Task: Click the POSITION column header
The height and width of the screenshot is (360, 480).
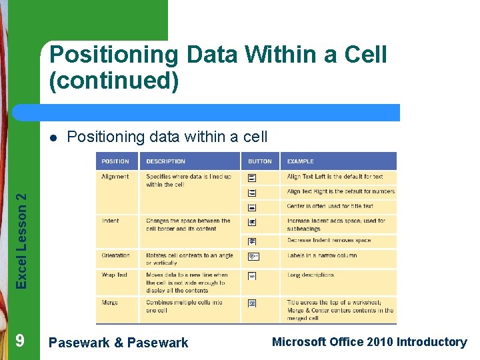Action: [x=115, y=161]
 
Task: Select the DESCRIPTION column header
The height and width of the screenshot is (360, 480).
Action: [x=165, y=161]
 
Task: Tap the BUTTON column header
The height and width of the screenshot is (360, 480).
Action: [x=259, y=161]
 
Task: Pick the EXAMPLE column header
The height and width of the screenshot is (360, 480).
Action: [x=300, y=161]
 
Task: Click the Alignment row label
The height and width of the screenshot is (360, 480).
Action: [x=115, y=177]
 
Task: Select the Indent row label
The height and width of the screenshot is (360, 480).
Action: [x=111, y=221]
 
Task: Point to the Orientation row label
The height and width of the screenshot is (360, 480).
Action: [x=116, y=255]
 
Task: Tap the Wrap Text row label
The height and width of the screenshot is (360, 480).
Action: [x=115, y=275]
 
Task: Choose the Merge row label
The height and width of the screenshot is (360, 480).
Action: [x=110, y=303]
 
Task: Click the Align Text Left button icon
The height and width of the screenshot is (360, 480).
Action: [x=252, y=178]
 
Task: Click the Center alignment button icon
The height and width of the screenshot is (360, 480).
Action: [x=252, y=208]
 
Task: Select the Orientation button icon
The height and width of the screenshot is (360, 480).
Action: [x=253, y=257]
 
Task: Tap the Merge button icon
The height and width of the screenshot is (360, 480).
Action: [x=252, y=303]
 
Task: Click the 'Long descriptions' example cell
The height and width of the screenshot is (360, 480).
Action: [x=311, y=275]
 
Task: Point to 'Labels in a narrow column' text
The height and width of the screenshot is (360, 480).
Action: [x=322, y=255]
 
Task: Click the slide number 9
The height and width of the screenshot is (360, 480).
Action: [x=20, y=341]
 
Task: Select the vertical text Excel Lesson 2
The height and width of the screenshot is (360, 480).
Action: [x=22, y=241]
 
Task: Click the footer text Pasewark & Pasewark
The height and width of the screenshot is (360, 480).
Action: [x=119, y=343]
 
